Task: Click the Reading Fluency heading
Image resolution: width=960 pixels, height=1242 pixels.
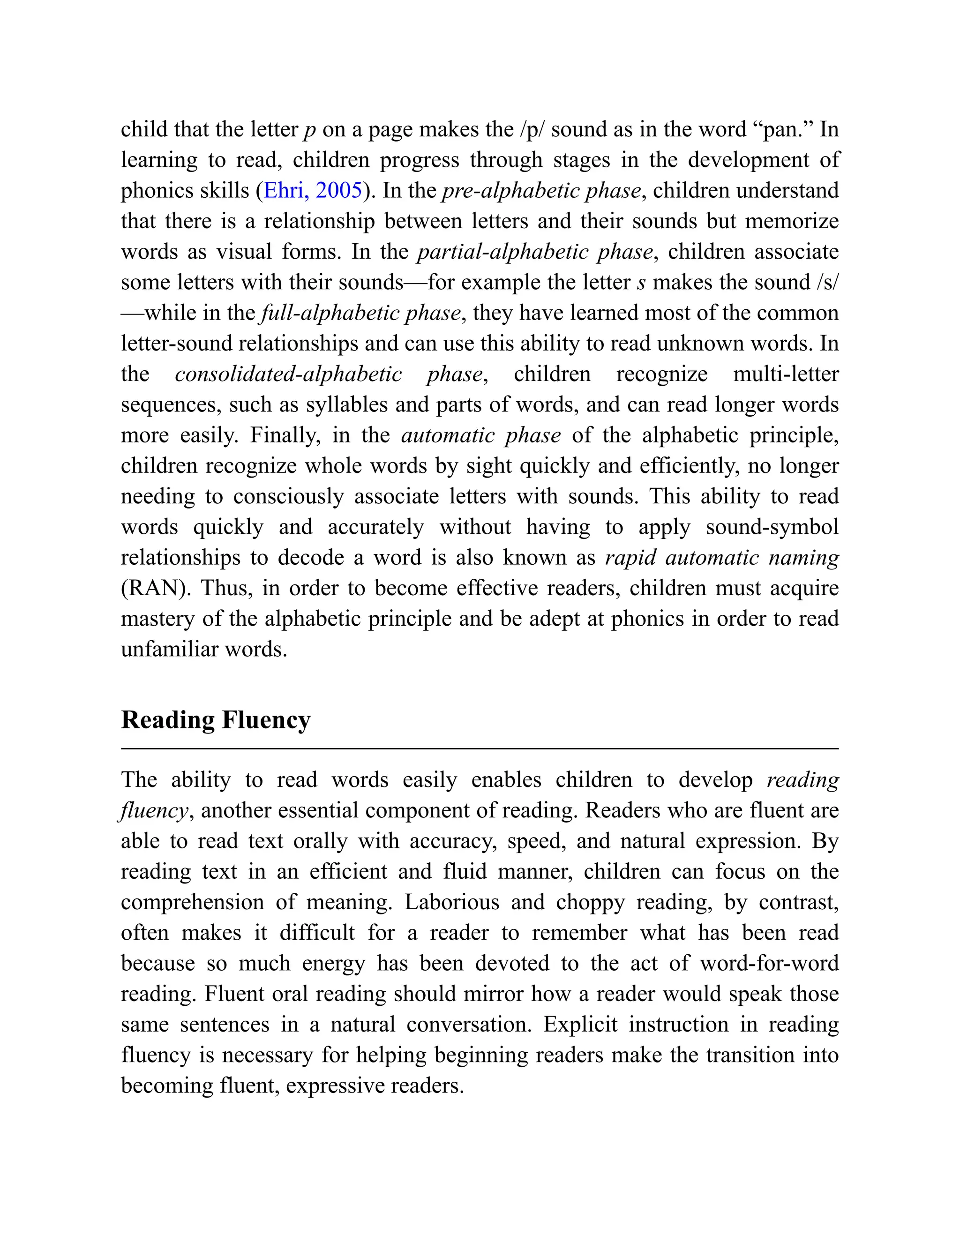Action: tap(216, 720)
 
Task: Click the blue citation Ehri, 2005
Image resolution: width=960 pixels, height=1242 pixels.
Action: tap(313, 190)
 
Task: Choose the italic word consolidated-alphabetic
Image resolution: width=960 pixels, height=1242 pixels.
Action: tap(288, 374)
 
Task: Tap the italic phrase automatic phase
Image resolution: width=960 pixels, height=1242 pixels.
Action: tap(481, 435)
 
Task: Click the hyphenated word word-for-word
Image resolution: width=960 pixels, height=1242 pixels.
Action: tap(769, 963)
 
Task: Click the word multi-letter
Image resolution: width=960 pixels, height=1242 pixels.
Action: tap(786, 374)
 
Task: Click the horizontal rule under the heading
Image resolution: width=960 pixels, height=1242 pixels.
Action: tap(480, 749)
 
